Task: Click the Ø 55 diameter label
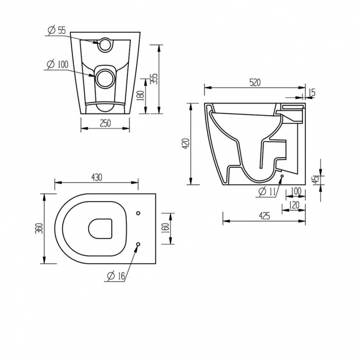click(x=57, y=31)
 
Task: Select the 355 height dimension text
click(x=156, y=80)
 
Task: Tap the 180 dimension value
click(x=141, y=95)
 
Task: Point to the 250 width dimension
click(x=106, y=124)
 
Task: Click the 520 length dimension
click(x=254, y=82)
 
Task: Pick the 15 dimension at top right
click(x=312, y=92)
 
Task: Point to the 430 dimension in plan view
click(x=96, y=177)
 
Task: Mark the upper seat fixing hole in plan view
click(x=138, y=213)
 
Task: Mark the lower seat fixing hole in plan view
click(x=138, y=244)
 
